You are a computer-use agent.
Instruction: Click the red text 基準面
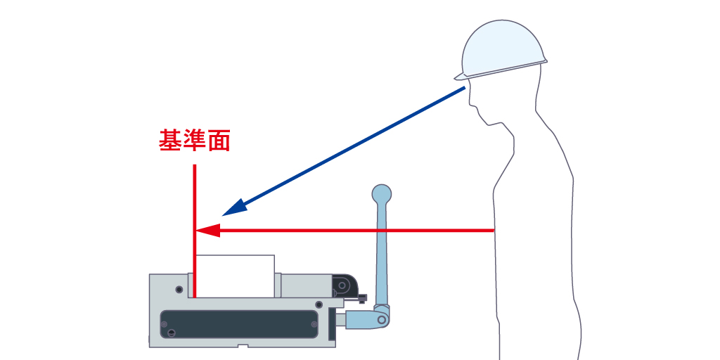[x=195, y=141]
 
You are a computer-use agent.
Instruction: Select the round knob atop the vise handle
[x=382, y=193]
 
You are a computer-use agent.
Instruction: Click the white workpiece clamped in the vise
[x=235, y=276]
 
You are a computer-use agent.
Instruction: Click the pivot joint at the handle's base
[x=382, y=319]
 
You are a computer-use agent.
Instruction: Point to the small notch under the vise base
[x=243, y=346]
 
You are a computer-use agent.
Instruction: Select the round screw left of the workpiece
[x=180, y=289]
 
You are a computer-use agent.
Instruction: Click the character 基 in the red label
[x=171, y=141]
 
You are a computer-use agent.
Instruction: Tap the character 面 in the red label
[x=219, y=141]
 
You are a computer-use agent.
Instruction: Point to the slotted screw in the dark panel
[x=165, y=324]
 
